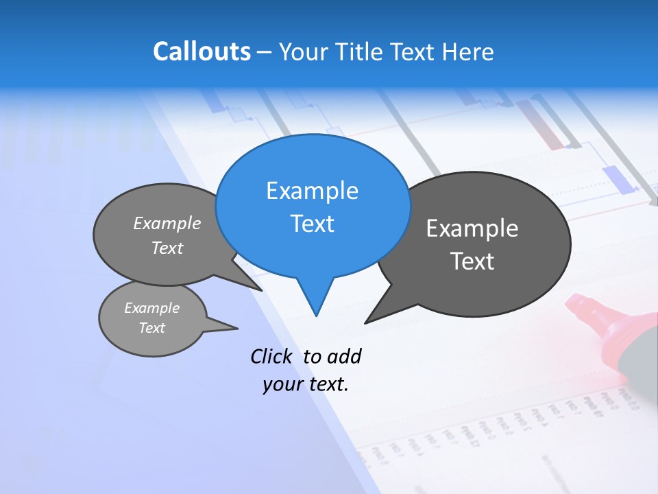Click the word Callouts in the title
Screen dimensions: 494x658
202,51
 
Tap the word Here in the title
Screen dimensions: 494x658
469,52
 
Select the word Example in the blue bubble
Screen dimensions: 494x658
312,191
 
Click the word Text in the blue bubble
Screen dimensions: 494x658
312,224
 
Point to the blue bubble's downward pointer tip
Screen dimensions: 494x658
316,315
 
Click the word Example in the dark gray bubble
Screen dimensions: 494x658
472,228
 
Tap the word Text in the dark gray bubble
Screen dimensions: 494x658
472,261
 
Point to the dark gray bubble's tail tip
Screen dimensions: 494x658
365,322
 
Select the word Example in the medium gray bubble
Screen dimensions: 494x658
167,224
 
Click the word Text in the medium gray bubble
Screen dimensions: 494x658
167,248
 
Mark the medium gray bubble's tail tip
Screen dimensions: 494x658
262,290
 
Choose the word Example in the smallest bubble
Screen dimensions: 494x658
151,308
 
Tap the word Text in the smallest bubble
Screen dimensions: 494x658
151,328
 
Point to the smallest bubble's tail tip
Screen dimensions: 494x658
237,327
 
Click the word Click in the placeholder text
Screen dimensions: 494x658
271,356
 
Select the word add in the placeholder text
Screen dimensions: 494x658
344,356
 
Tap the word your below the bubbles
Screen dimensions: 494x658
282,384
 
